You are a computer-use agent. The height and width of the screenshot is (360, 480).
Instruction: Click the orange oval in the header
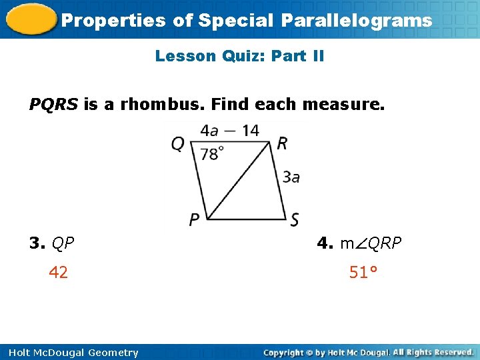click(x=29, y=19)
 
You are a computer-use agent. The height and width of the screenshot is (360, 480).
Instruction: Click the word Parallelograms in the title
click(x=357, y=21)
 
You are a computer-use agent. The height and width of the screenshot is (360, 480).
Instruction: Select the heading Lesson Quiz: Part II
click(x=239, y=56)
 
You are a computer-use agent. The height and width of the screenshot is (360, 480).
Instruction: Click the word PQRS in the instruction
click(x=53, y=105)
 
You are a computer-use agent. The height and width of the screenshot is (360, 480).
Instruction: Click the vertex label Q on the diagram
click(x=177, y=143)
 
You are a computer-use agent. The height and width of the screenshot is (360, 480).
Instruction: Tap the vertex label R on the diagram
click(x=282, y=143)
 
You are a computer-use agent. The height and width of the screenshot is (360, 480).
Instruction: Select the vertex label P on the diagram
click(x=194, y=219)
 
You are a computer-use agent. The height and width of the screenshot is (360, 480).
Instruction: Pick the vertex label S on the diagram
click(x=295, y=219)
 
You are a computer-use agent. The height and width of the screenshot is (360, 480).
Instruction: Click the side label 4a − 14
click(x=230, y=130)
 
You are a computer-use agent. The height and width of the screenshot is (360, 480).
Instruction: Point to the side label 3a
click(x=291, y=177)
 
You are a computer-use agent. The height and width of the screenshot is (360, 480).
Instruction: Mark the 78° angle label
click(x=211, y=154)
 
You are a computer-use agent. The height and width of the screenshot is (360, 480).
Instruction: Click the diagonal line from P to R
click(x=240, y=180)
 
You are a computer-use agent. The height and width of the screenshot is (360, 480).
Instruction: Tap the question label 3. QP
click(x=52, y=243)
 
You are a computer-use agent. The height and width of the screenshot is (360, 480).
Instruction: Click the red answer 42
click(x=58, y=273)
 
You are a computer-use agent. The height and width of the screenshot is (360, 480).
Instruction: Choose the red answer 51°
click(x=363, y=273)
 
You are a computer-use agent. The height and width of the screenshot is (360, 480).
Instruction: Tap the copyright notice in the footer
click(x=368, y=352)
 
